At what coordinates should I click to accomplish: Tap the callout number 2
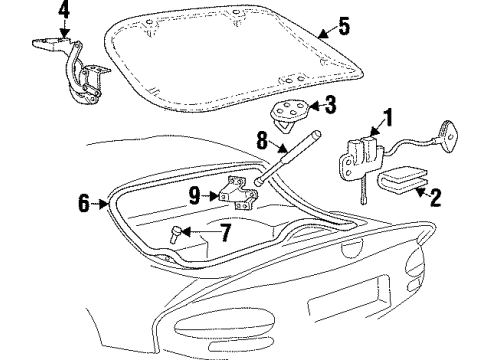pyautogui.click(x=436, y=197)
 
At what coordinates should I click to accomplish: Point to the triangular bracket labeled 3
pyautogui.click(x=289, y=112)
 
